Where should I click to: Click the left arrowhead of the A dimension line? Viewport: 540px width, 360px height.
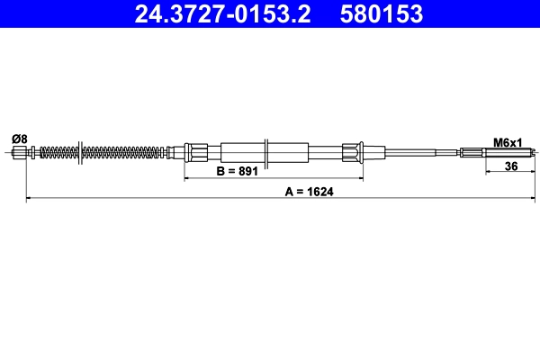[x=29, y=197]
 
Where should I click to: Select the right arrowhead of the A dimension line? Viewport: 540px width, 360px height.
[x=534, y=197]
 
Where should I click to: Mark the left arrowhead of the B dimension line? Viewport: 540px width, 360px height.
[x=187, y=178]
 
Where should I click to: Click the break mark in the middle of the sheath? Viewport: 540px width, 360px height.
[x=267, y=151]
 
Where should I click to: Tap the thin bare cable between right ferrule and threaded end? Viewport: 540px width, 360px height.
[x=414, y=152]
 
